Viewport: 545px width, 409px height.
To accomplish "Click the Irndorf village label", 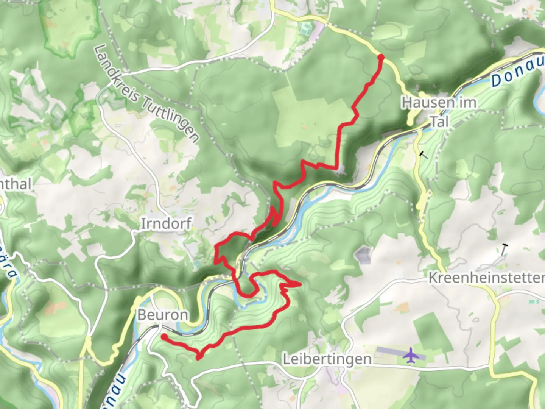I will tap(166, 223).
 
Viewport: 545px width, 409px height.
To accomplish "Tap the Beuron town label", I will tap(162, 315).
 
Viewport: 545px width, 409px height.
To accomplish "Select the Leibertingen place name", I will tap(327, 359).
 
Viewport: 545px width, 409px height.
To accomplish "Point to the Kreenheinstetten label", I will tap(486, 278).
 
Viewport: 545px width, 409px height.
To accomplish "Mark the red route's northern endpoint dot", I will tap(381, 57).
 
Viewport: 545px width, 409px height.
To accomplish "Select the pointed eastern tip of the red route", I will tap(300, 284).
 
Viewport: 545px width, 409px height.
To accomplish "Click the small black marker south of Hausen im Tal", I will tap(424, 155).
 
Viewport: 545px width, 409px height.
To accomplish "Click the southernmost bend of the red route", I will tap(198, 357).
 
